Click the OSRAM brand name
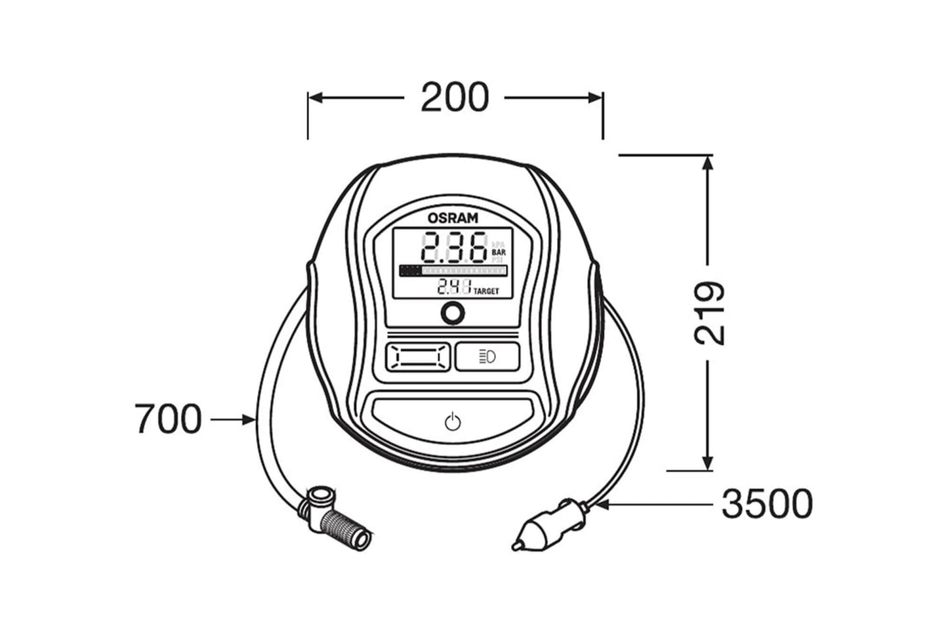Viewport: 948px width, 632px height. click(453, 218)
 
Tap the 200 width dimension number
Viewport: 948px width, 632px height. click(454, 98)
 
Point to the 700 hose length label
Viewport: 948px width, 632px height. click(168, 419)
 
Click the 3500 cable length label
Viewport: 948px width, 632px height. click(767, 504)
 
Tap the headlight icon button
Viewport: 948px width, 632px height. click(487, 357)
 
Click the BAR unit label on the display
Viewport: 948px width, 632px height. click(499, 252)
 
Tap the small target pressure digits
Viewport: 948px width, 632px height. click(454, 287)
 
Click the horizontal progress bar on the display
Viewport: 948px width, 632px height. click(453, 270)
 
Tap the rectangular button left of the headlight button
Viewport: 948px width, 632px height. click(418, 357)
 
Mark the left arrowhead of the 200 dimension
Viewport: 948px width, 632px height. click(315, 98)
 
